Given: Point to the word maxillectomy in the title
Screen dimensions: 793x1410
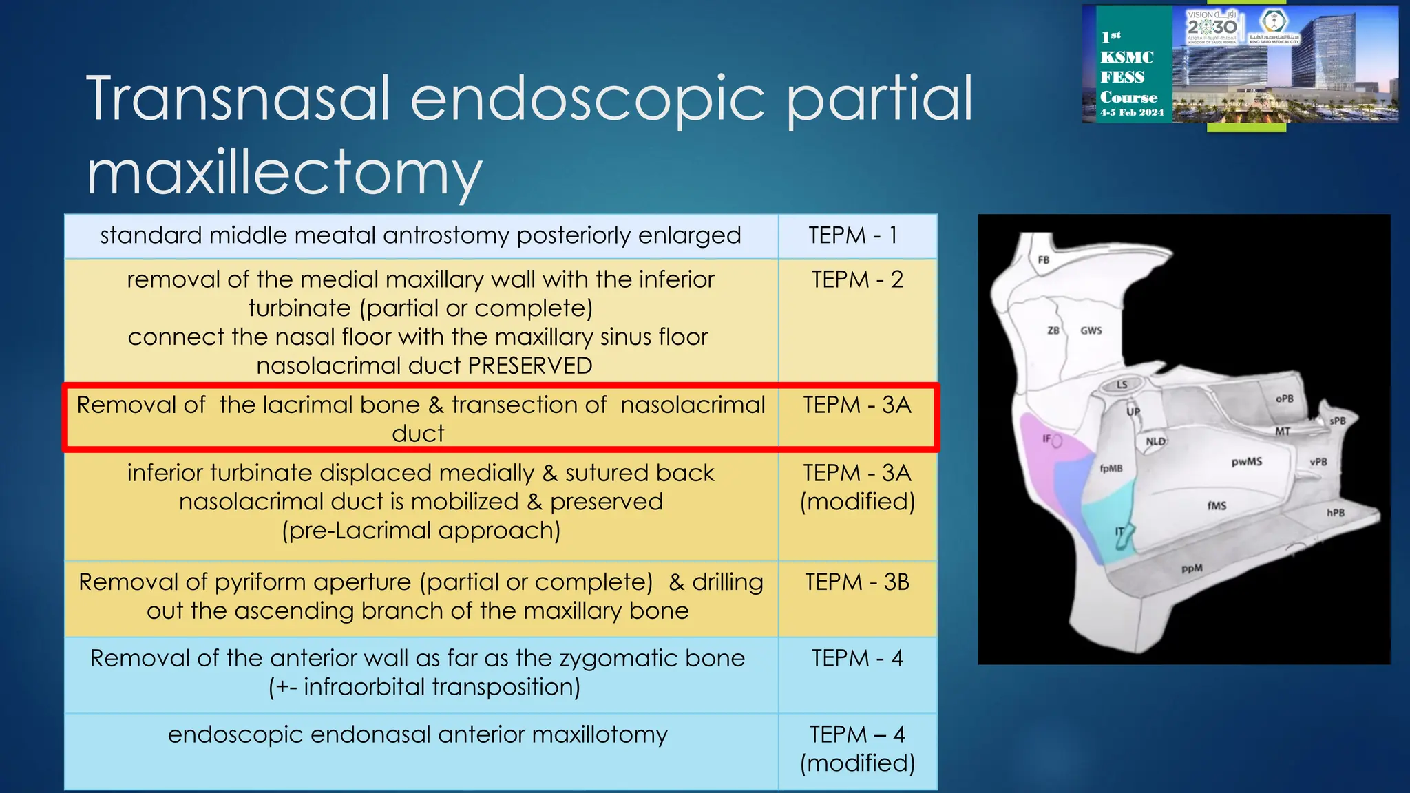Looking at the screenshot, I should [284, 172].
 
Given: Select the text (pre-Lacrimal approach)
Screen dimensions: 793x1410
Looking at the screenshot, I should [421, 531].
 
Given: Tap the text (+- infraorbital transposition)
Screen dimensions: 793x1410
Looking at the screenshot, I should [424, 687].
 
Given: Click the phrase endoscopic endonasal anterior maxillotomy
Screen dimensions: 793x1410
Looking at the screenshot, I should [418, 734].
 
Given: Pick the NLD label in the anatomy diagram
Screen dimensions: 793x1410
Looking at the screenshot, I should [1155, 442].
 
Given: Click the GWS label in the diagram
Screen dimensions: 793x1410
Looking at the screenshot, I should [1091, 330].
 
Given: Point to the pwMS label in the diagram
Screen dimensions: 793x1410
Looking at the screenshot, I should [1247, 461].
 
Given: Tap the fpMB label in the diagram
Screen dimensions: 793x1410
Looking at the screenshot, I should [1111, 468].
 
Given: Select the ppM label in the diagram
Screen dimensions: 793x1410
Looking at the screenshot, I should [1192, 569].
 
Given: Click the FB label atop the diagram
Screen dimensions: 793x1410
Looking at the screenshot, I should [1044, 260].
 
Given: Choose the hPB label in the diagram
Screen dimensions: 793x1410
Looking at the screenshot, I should [1336, 513].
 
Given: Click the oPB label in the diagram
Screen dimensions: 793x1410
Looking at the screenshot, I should [1284, 399].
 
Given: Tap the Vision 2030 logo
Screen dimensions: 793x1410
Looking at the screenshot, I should [1212, 26].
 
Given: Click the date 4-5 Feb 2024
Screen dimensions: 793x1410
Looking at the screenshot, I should [1132, 112].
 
